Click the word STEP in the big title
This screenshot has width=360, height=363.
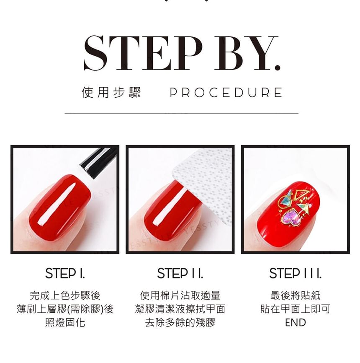point(143,53)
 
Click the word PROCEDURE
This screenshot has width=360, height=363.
point(226,92)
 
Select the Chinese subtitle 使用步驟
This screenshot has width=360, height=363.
point(111,92)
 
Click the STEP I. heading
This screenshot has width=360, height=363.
point(65,273)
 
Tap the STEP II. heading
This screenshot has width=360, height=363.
point(180,273)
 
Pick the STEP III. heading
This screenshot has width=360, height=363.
point(295,273)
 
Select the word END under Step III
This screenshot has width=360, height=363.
point(295,322)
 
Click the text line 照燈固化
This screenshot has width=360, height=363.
point(65,322)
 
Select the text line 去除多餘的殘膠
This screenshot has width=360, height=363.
point(180,322)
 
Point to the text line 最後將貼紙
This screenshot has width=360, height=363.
point(295,296)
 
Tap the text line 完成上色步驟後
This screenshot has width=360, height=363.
point(65,296)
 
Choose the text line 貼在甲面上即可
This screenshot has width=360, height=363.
point(295,309)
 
